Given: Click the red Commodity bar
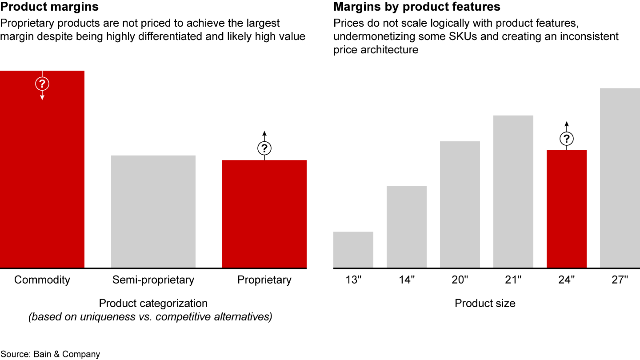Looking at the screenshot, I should point(42,178).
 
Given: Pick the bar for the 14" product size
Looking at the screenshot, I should point(407,227).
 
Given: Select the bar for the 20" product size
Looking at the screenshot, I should point(460,204).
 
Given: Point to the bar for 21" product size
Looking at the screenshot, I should point(513,192).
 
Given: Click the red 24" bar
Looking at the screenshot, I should point(567,209).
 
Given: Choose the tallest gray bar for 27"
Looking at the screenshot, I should point(620,178).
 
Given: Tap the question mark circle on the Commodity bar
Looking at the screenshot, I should point(42,83).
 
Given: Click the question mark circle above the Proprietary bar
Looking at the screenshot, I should point(264,148).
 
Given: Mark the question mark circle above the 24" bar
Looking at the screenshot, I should point(566,139).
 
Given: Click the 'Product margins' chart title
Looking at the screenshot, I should point(49,7).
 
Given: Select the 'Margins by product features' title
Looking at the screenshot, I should point(417,7).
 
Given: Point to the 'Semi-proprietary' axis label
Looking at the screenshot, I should point(153,280).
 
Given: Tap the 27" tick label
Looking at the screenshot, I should point(620,280).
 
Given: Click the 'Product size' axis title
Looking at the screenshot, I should point(485,304).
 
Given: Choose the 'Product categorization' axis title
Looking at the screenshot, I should point(153,304).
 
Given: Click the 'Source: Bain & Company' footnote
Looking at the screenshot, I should point(50,354).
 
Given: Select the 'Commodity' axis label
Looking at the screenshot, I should point(42,280).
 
